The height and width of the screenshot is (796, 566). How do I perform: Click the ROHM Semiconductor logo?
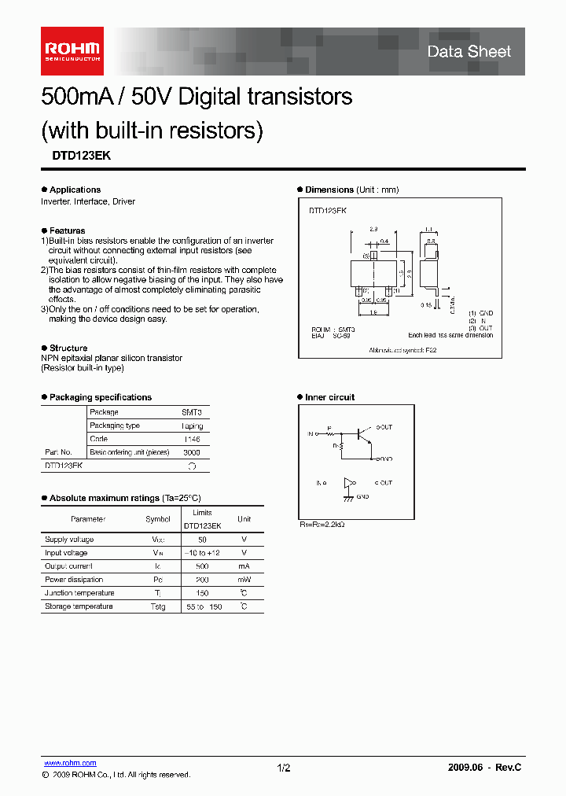pyautogui.click(x=72, y=51)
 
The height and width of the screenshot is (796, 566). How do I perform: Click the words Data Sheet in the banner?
pyautogui.click(x=469, y=52)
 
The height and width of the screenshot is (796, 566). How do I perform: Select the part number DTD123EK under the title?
pyautogui.click(x=75, y=156)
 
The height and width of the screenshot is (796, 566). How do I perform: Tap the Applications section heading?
pyautogui.click(x=75, y=190)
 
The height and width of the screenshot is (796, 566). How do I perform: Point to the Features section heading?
pyautogui.click(x=67, y=230)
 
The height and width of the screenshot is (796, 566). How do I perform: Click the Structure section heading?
pyautogui.click(x=68, y=348)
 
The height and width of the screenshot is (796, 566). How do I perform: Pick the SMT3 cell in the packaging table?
pyautogui.click(x=191, y=412)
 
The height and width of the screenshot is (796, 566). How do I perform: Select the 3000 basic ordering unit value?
pyautogui.click(x=191, y=452)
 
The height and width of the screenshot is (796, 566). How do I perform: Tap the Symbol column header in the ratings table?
pyautogui.click(x=158, y=519)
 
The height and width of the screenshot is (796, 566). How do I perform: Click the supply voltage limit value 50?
pyautogui.click(x=202, y=540)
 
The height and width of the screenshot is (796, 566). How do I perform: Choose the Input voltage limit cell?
pyautogui.click(x=202, y=553)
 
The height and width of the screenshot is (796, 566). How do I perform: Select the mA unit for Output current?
pyautogui.click(x=244, y=566)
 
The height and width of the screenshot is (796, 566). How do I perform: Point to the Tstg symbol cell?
pyautogui.click(x=158, y=606)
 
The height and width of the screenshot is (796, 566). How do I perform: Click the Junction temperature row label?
pyautogui.click(x=79, y=593)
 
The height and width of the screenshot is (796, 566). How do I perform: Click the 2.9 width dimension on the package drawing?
pyautogui.click(x=373, y=229)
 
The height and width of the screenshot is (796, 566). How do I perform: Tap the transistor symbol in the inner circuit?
pyautogui.click(x=364, y=434)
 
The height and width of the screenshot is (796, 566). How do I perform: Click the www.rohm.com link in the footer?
pyautogui.click(x=70, y=763)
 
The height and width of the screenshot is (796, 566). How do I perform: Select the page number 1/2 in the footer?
pyautogui.click(x=284, y=768)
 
